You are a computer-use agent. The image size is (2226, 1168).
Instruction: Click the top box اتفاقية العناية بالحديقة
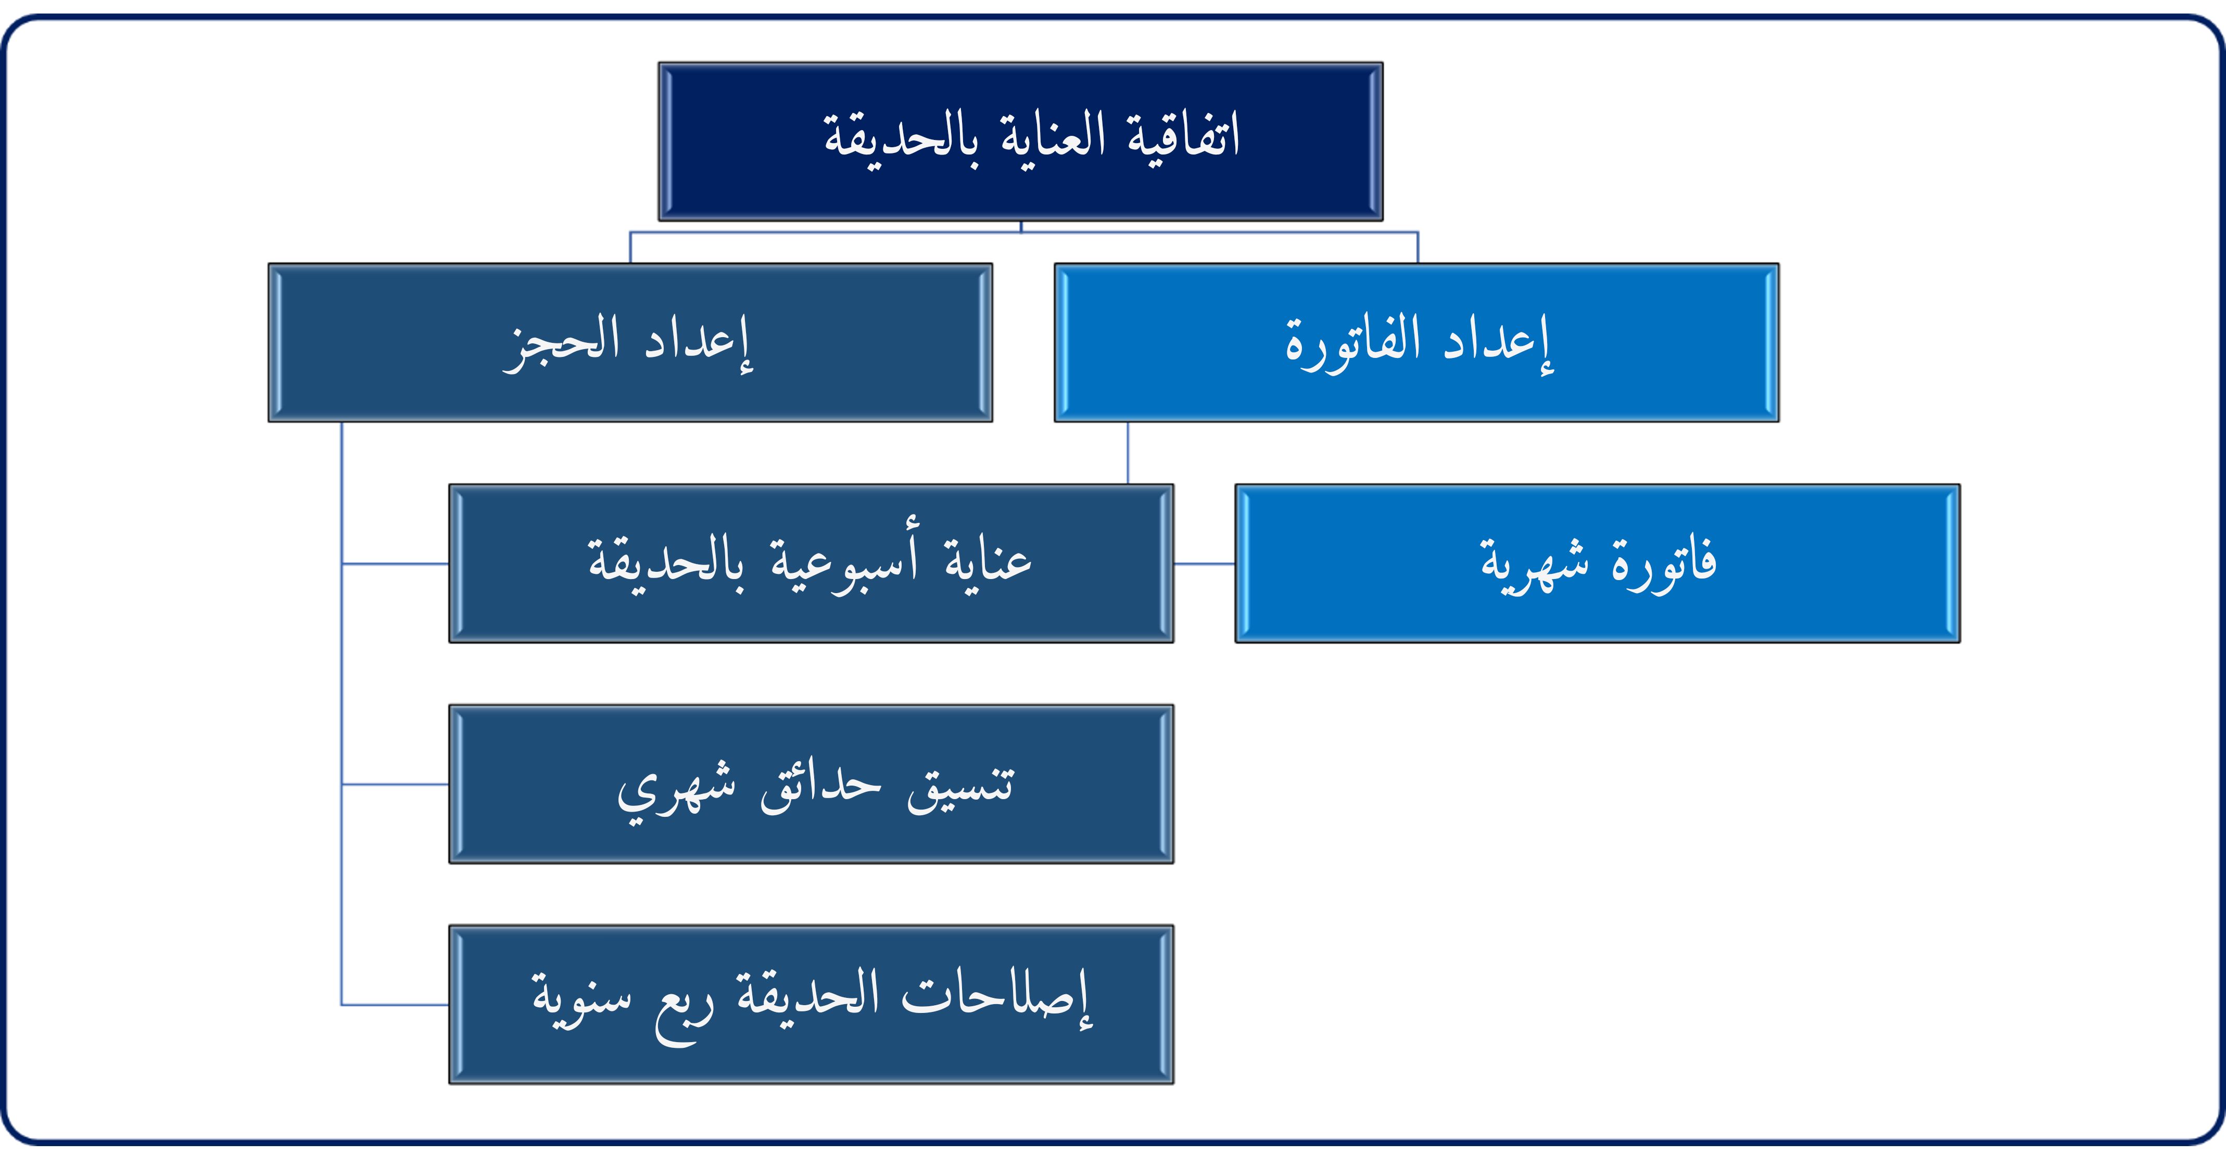click(x=1020, y=141)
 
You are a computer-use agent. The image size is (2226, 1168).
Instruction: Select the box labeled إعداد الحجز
click(x=630, y=342)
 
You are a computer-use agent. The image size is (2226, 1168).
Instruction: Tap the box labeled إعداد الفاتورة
click(x=1416, y=342)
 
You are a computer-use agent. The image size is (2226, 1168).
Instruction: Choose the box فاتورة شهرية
click(x=1597, y=563)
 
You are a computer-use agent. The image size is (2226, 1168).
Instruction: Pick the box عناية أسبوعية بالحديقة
click(x=811, y=563)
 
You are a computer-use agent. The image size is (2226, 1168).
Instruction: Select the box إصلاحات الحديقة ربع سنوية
click(x=811, y=1004)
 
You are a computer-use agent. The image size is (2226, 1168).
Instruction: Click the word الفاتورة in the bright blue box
click(x=1353, y=342)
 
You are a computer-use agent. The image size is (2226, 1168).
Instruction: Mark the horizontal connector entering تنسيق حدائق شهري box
click(x=395, y=785)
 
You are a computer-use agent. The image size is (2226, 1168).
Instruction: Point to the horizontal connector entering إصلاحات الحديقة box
click(x=395, y=1005)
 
